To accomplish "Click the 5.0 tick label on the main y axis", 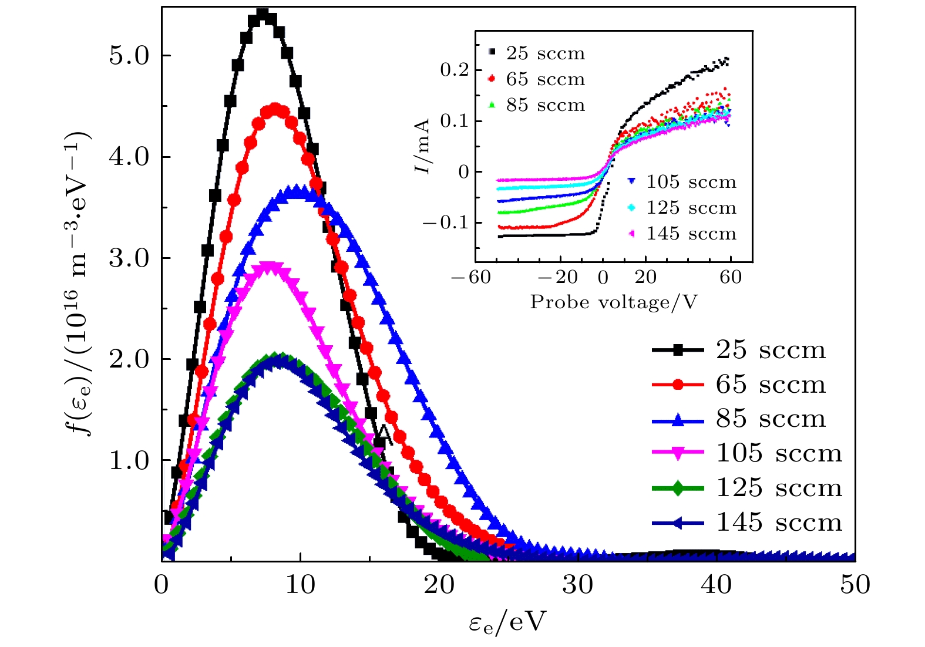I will (x=129, y=56).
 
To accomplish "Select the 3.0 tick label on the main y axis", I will (x=129, y=258).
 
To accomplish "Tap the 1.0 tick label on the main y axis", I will (x=129, y=461).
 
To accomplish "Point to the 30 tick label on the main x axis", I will (x=578, y=585).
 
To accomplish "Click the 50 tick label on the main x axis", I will (x=855, y=585).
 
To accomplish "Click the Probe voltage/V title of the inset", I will (x=614, y=302).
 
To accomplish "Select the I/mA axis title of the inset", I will (x=423, y=147).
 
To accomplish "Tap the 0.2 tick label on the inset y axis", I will (x=455, y=70).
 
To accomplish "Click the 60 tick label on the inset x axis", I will (x=731, y=277).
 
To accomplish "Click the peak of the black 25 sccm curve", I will (x=263, y=15).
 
